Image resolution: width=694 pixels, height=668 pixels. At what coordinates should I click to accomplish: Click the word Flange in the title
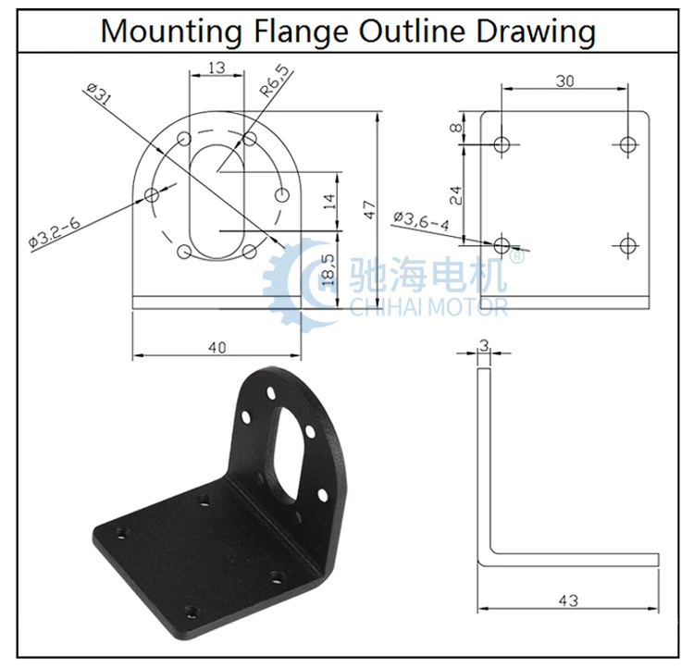coord(301,31)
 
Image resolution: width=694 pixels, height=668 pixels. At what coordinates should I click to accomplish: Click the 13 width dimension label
coord(217,68)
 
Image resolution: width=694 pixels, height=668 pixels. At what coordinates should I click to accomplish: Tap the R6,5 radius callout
coord(275,80)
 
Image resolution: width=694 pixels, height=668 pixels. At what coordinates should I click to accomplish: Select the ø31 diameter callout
coord(98,93)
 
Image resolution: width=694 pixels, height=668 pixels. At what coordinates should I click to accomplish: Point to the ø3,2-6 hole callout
coord(54,231)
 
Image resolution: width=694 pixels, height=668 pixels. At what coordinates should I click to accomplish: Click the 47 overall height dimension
coord(369,209)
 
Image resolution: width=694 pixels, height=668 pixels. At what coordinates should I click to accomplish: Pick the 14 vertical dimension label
coord(329,202)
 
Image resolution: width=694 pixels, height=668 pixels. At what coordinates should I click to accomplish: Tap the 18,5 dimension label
coord(328,268)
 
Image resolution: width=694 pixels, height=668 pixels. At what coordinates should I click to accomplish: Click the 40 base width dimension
coord(217,348)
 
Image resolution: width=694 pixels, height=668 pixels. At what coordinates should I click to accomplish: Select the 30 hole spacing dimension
coord(564,81)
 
